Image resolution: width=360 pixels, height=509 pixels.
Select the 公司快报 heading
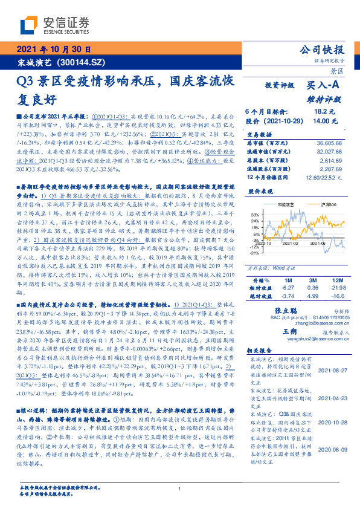(321, 50)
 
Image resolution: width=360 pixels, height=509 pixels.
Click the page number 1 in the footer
(179, 489)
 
